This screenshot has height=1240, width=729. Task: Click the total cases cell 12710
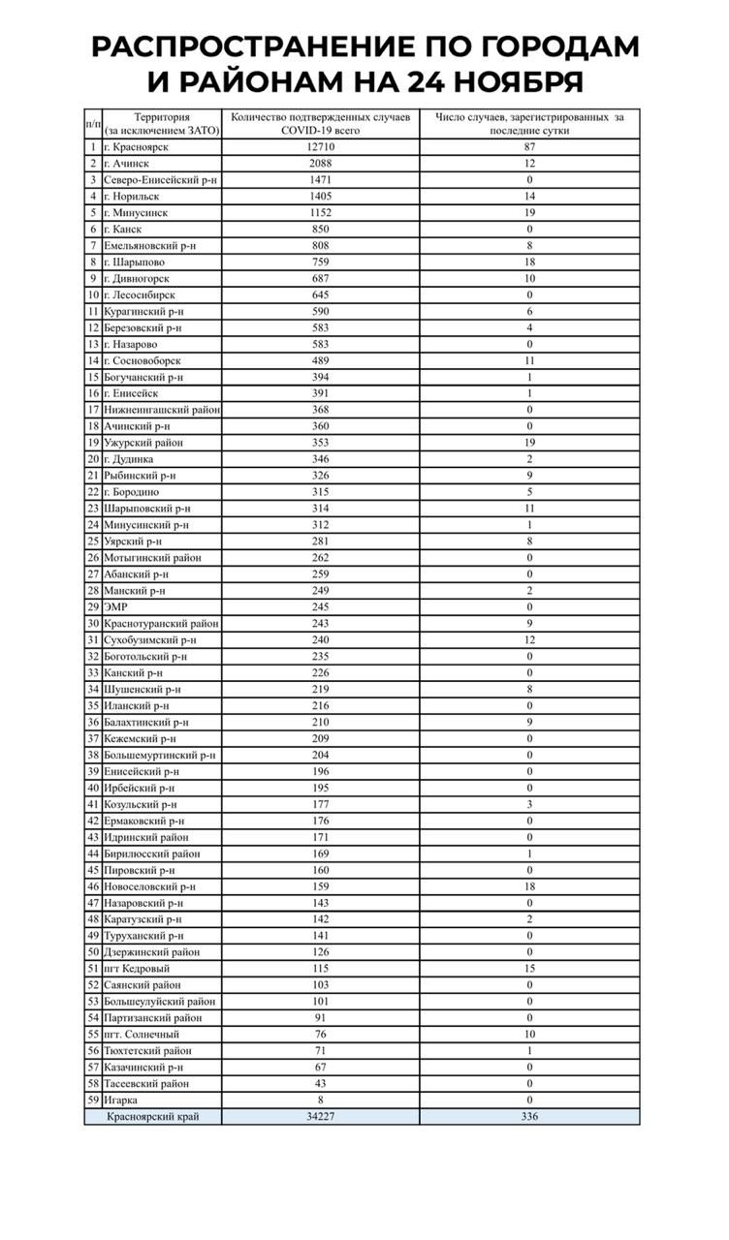coord(320,147)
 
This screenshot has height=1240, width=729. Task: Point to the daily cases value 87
coord(529,147)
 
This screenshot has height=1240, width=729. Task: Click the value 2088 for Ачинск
coord(320,164)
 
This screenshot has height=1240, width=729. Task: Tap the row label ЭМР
coord(115,606)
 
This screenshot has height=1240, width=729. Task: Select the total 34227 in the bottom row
coord(320,1116)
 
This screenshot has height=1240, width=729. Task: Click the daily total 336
coord(529,1116)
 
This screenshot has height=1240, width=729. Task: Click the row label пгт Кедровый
coord(137,968)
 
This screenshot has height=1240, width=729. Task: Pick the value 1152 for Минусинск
coord(320,212)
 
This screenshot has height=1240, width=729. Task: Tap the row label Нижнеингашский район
coord(162,410)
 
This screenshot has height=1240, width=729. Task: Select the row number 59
coord(93,1100)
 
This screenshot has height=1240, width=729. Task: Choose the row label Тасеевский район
coord(146,1083)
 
